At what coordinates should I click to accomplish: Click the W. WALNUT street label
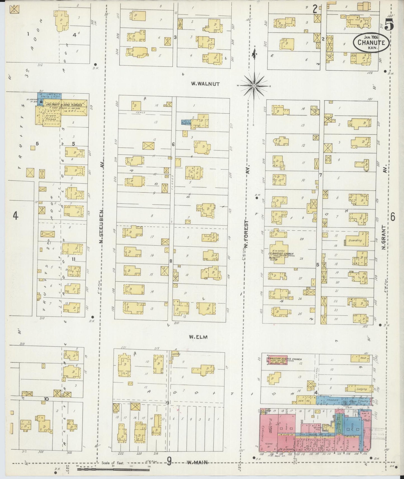pos(205,84)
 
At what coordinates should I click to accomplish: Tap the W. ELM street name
pos(198,337)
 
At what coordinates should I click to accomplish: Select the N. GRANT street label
pos(385,238)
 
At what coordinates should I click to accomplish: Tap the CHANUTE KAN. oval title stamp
pos(371,43)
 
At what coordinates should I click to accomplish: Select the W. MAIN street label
pos(197,462)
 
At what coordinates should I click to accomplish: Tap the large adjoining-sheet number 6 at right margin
pos(393,217)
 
